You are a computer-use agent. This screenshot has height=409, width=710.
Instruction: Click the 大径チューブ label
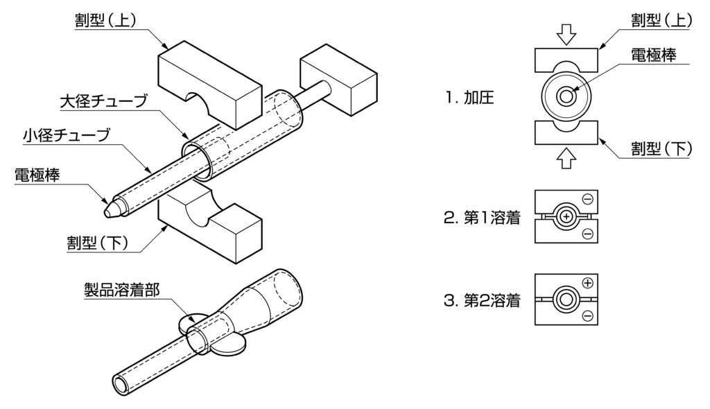tap(103, 101)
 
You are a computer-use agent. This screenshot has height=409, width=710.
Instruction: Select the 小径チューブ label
tap(67, 135)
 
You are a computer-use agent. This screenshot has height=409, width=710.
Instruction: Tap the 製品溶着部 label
tap(122, 290)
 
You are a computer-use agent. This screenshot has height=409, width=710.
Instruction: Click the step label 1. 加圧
tap(469, 97)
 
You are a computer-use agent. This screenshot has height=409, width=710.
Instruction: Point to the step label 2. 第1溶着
tap(483, 218)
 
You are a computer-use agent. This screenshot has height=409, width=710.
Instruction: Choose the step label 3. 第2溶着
tap(483, 301)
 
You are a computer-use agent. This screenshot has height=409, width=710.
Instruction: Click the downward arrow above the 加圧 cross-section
tap(566, 35)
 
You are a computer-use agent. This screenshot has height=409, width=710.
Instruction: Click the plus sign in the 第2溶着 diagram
tap(587, 284)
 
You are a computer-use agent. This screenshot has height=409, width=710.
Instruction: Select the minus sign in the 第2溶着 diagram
tap(587, 315)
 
